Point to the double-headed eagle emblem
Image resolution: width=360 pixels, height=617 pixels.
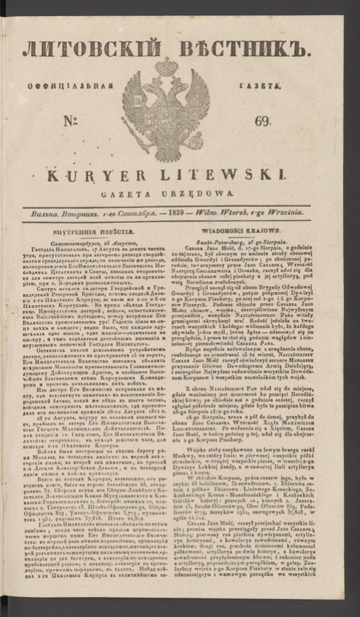pyautogui.click(x=164, y=110)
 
